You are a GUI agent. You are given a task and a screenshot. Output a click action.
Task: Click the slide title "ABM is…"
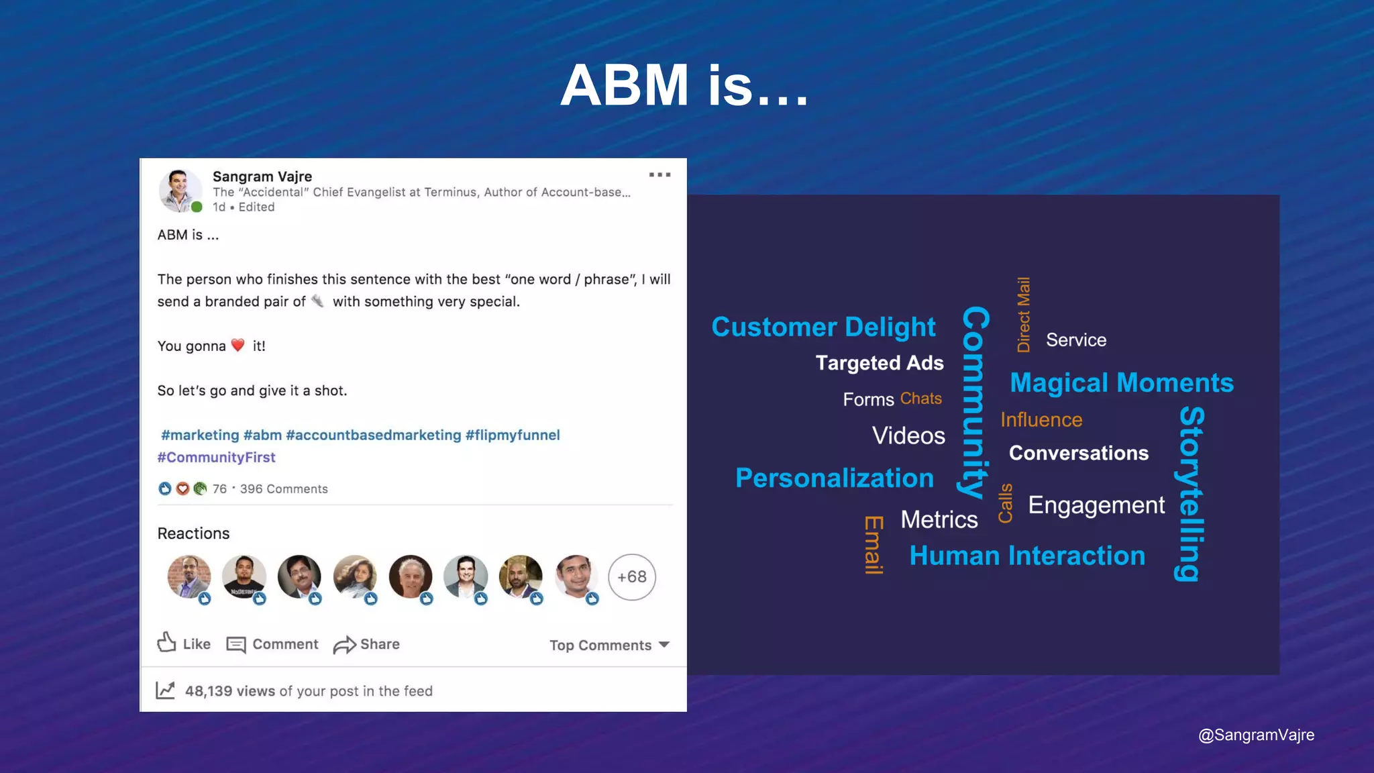(x=685, y=85)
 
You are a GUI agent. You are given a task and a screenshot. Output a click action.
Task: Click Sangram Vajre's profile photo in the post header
(x=179, y=191)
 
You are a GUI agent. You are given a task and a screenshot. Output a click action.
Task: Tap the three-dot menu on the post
(x=659, y=174)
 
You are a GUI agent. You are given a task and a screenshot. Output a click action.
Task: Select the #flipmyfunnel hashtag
(x=513, y=435)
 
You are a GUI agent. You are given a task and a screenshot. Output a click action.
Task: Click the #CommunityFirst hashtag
(x=216, y=457)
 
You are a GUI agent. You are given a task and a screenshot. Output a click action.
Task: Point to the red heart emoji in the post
(x=238, y=345)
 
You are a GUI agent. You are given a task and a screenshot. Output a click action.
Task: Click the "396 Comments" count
(x=284, y=489)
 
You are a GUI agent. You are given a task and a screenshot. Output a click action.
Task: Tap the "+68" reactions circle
(x=631, y=577)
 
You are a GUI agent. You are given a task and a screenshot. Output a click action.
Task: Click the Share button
(x=367, y=644)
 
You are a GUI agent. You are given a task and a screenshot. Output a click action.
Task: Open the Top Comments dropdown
(x=609, y=645)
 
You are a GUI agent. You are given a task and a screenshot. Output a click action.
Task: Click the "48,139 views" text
(x=229, y=691)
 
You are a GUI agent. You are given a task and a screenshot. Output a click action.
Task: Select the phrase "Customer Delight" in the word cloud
(x=823, y=327)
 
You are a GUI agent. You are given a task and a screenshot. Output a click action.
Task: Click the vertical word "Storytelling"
(x=1192, y=493)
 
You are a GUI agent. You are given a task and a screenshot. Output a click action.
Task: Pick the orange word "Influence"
(x=1041, y=419)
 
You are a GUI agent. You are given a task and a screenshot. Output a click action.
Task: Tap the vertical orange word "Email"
(x=873, y=545)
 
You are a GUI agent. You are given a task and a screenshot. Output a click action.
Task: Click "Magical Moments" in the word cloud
(x=1122, y=382)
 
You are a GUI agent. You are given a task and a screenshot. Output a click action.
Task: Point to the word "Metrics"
(x=939, y=519)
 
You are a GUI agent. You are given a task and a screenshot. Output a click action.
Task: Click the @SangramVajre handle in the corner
(x=1256, y=735)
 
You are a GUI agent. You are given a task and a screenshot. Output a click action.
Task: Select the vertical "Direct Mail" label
(x=1024, y=315)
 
